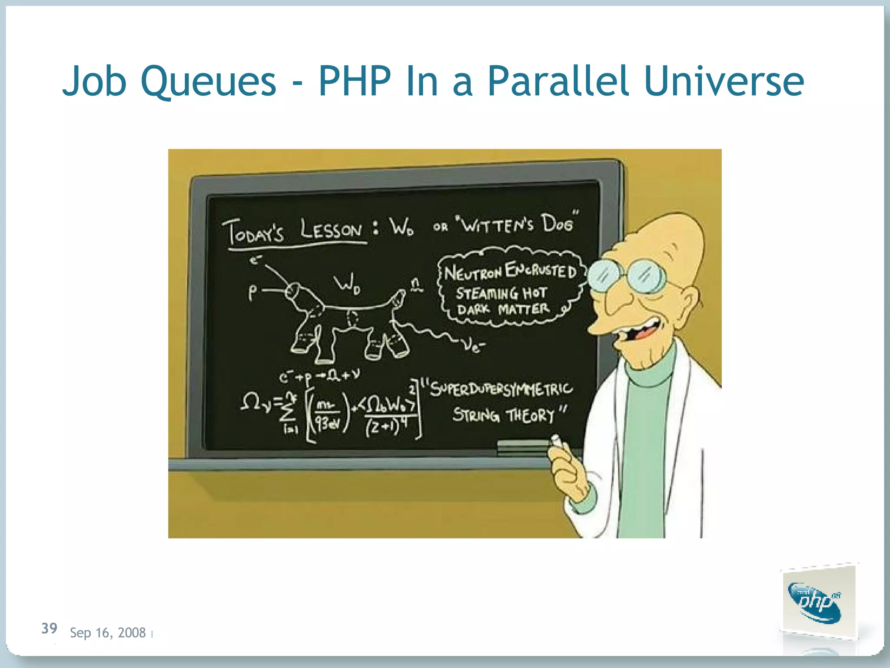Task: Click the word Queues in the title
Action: (209, 81)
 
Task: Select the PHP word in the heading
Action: (354, 81)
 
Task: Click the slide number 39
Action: (49, 628)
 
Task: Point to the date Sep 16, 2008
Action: (108, 632)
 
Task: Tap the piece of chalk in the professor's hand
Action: (556, 441)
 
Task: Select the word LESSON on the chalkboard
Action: (331, 230)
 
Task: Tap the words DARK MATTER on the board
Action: (503, 309)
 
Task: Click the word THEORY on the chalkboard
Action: (531, 415)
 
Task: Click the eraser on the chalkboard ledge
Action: (521, 446)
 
